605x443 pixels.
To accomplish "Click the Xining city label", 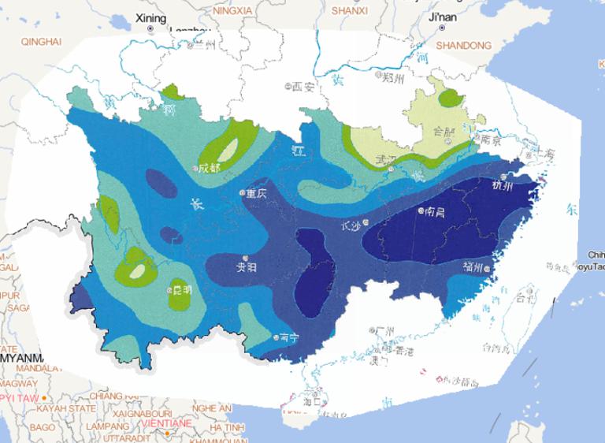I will coord(151,17).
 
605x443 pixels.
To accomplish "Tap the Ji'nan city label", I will coord(443,17).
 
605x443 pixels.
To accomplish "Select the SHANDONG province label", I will coord(463,46).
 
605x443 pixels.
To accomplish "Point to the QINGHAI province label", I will coord(40,40).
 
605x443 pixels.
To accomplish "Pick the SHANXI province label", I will coord(349,11).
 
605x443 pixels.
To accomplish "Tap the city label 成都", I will coord(210,168).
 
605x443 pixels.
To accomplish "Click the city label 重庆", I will coord(257,193).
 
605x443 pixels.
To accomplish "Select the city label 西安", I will coord(303,87).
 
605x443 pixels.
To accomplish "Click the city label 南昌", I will coord(435,211).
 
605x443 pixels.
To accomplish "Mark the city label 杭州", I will coord(502,186).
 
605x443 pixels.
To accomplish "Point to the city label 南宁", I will coord(289,337).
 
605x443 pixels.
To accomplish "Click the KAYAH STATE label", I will coord(56,409).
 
